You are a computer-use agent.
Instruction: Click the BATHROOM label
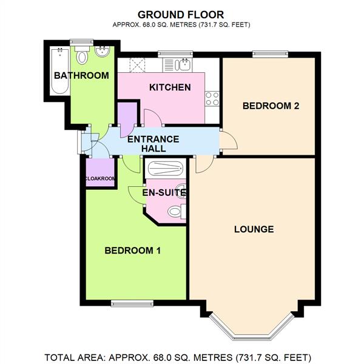coord(81,76)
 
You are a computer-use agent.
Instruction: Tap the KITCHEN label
coord(170,87)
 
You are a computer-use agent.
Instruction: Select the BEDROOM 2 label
coord(271,106)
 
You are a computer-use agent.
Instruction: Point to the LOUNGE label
coord(254,229)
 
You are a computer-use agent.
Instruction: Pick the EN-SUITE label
coord(164,193)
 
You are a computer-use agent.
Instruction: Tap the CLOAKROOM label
coord(100,178)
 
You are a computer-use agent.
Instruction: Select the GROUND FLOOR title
coord(181,13)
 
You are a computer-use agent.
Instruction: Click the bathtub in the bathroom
coord(58,70)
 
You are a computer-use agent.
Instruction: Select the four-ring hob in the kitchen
coord(212,98)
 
